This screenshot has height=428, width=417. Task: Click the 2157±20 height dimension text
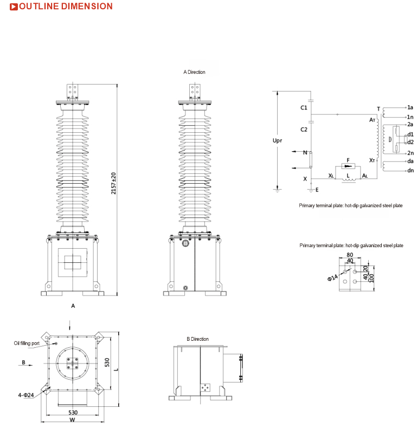point(113,184)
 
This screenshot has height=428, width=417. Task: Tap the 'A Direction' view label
point(194,72)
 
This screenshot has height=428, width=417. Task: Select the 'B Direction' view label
point(197,339)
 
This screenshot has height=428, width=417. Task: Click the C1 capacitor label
point(304,108)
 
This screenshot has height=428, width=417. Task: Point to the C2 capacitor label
point(304,129)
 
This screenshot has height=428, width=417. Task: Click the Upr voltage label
point(277,140)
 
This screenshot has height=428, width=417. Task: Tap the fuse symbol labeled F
point(348,166)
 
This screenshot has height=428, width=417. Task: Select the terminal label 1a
point(410,107)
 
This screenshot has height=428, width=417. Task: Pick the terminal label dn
point(410,170)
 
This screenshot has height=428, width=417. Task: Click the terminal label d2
point(410,142)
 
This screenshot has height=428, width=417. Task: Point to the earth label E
point(317,190)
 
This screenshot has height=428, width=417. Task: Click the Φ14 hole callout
point(332,278)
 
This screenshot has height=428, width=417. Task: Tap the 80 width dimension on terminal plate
point(350,255)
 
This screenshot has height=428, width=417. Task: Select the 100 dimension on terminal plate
point(371,278)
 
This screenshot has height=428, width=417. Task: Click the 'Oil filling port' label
point(27,343)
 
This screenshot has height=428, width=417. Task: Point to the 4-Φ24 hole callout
point(26,395)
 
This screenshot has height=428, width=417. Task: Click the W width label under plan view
point(72,420)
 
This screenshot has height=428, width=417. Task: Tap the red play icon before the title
point(14,7)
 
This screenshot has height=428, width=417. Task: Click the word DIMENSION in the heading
point(87,7)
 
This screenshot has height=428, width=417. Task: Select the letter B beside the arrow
point(23,362)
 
